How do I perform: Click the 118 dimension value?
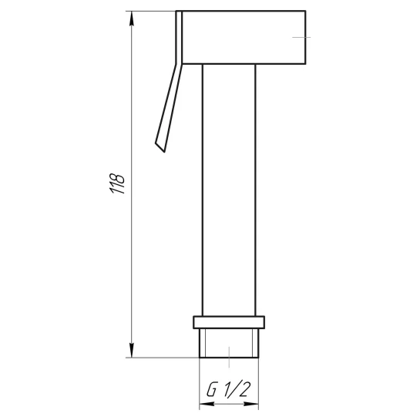coord(117,184)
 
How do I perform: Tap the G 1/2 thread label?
coord(228,389)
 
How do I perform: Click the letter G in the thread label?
coord(211,389)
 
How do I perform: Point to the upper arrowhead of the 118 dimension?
coord(131,18)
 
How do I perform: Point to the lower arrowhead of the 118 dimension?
coord(131,350)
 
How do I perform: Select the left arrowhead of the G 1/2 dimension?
coord(207,404)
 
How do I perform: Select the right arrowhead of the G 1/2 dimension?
coord(251,404)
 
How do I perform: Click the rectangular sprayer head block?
coord(244,37)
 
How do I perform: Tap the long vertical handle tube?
coord(229,190)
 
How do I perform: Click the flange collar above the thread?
coord(229,322)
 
